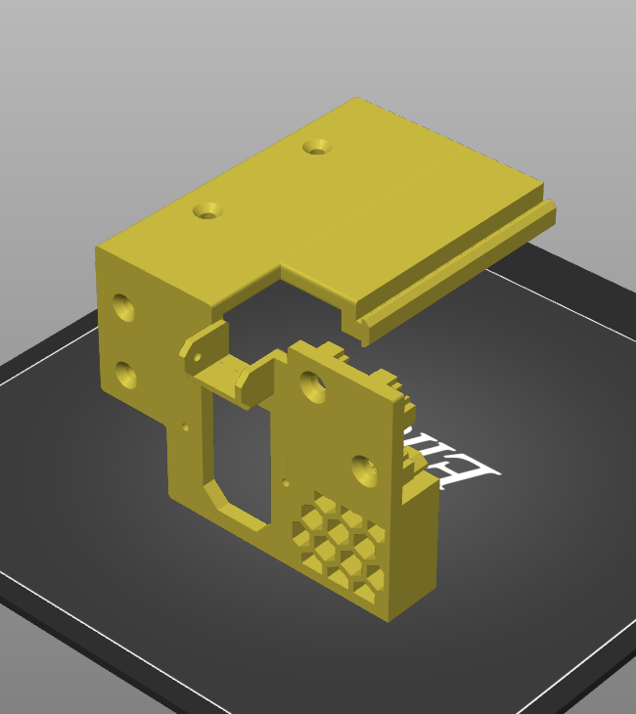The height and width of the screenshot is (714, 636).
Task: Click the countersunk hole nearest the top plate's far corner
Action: pos(316,147)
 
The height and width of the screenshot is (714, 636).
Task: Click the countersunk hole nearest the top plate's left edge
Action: pos(206,209)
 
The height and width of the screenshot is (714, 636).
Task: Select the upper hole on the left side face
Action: pos(124,307)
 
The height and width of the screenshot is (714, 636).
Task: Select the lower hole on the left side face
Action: pos(125,373)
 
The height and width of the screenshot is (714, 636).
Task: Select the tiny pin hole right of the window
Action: pos(286,481)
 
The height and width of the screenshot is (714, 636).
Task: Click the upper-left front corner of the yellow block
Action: pos(97,249)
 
